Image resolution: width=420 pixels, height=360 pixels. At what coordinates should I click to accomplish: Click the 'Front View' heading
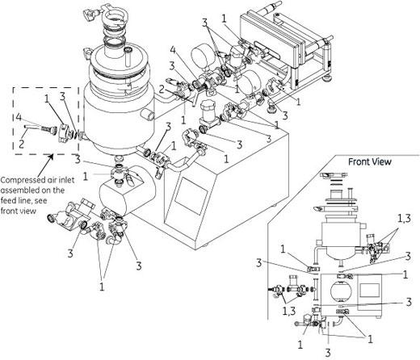click(x=369, y=161)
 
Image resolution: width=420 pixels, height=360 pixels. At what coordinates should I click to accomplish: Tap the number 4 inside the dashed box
click(x=18, y=117)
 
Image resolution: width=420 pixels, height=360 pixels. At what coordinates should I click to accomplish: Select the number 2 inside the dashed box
click(x=22, y=144)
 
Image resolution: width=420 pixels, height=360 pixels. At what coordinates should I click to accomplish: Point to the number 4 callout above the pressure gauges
click(x=173, y=50)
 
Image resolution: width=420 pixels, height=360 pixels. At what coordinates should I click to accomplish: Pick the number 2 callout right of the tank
click(x=162, y=89)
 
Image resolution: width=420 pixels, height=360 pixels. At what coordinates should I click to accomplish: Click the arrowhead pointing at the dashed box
click(x=51, y=157)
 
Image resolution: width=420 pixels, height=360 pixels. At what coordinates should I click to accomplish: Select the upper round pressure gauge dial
click(x=201, y=55)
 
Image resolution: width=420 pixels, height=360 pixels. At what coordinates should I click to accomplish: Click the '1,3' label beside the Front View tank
click(x=404, y=219)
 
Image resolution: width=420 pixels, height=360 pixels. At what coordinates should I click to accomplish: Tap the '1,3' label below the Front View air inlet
click(x=289, y=311)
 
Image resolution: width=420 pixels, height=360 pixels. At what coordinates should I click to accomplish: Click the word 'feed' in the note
click(x=7, y=200)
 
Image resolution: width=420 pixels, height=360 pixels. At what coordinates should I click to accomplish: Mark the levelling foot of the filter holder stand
click(x=327, y=78)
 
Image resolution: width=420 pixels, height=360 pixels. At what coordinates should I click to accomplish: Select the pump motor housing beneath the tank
click(x=128, y=190)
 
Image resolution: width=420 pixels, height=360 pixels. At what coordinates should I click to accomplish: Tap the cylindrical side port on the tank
click(x=148, y=115)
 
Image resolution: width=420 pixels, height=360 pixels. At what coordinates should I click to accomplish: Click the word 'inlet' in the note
click(x=65, y=180)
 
